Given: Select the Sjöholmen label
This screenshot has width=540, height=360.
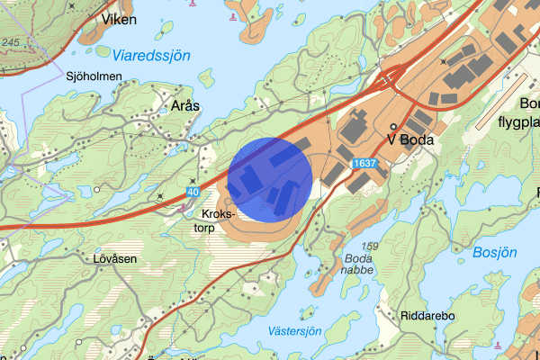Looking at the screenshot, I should pos(94,76).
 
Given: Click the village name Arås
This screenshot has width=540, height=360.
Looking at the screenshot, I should pos(184,105).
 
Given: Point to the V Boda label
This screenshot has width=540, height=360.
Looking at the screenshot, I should pos(410,139).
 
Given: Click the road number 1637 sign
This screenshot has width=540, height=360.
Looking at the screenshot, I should pos(364,163).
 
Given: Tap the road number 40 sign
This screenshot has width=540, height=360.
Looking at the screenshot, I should pos(193,192).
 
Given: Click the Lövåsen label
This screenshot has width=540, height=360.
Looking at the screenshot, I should pos(114,257).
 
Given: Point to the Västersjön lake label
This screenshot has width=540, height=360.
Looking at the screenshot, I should pos(295,331).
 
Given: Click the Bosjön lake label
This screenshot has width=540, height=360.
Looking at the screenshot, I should pos(494,252).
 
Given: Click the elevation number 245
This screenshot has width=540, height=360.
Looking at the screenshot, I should pos(11,42).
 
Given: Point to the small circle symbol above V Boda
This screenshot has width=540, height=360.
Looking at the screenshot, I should pos(394,127).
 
